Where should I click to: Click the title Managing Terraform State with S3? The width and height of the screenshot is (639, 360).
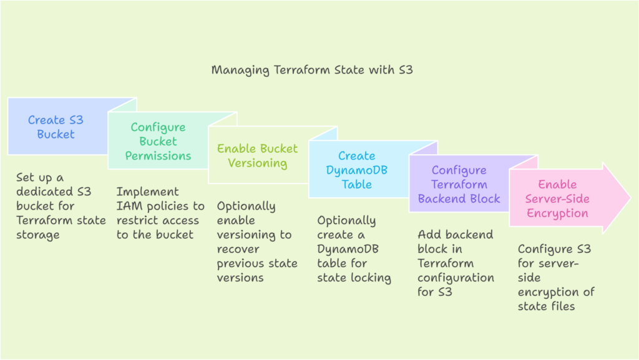point(312,70)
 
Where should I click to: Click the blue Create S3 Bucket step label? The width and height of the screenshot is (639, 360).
point(56,127)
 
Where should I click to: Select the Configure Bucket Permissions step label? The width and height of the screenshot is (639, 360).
point(158,142)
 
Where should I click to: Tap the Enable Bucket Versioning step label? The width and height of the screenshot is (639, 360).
point(257,156)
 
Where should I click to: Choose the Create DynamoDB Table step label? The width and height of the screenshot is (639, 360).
point(357,170)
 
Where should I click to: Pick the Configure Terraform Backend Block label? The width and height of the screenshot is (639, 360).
point(459,185)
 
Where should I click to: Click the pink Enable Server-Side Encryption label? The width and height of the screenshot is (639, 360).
point(557,199)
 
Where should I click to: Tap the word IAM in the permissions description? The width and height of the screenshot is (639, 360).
point(128,207)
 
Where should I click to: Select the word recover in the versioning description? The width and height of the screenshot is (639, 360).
point(238,250)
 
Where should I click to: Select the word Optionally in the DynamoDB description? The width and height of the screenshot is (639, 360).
point(346,221)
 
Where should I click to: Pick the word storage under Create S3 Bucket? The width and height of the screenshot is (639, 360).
point(38,235)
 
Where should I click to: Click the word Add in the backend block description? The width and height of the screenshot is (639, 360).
point(428,235)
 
